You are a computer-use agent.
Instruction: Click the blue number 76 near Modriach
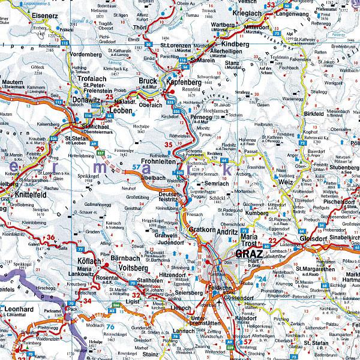point(110,326)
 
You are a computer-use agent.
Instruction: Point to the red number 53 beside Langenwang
point(271,5)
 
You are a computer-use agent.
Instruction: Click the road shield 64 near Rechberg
point(224,161)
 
